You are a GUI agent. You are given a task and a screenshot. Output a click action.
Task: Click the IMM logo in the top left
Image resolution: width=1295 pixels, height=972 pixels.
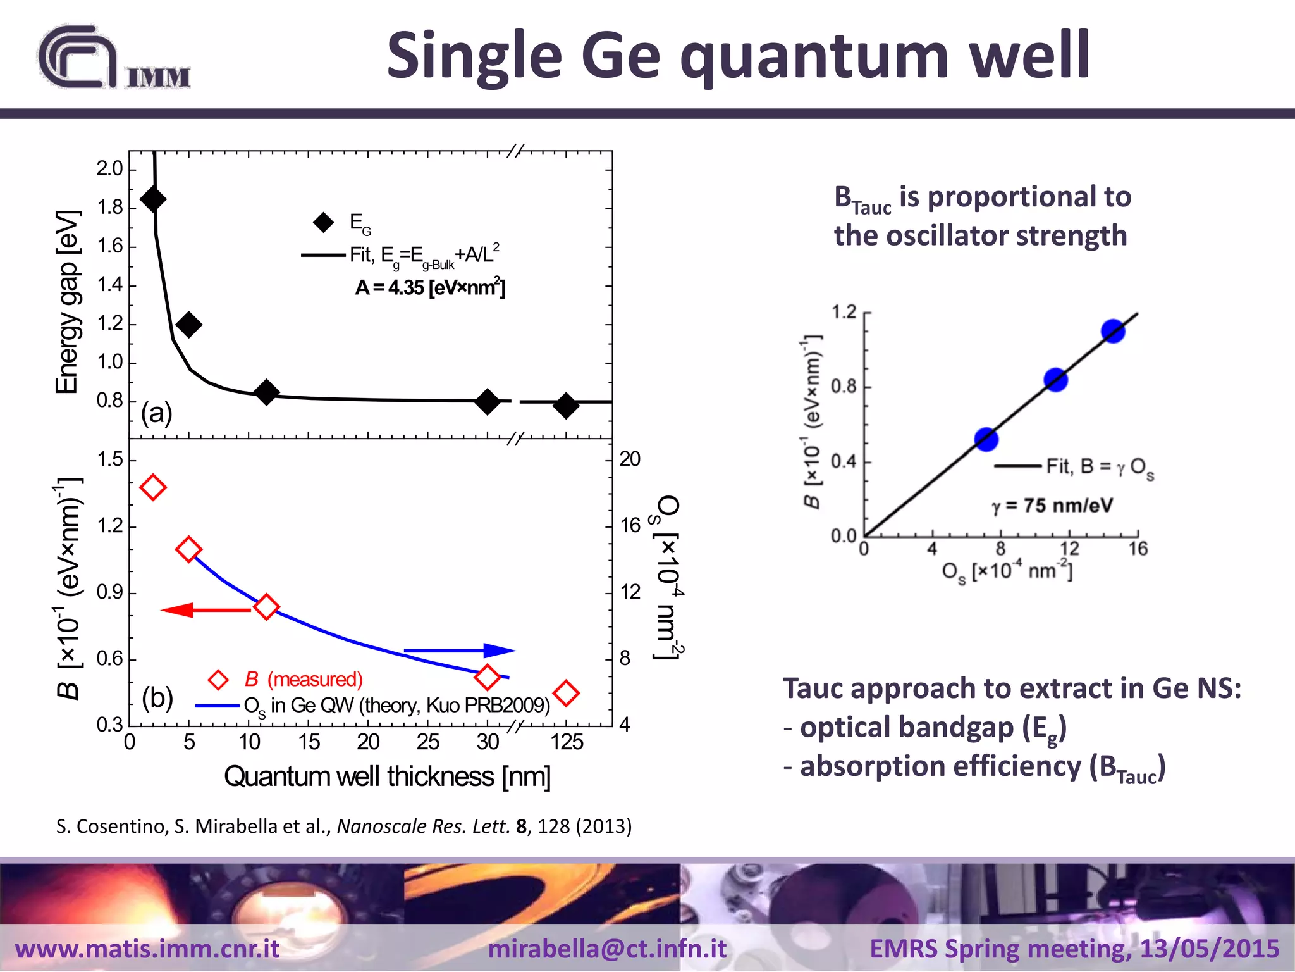114,58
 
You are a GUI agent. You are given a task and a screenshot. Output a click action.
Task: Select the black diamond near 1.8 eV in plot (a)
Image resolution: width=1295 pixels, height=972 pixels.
153,199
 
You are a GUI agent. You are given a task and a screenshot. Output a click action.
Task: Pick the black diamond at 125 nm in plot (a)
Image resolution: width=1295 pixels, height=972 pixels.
566,405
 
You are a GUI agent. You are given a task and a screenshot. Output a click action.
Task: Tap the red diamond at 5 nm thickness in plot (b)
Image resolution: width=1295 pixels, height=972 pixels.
188,549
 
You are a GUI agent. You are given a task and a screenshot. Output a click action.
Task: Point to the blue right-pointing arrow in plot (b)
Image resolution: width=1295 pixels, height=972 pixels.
460,650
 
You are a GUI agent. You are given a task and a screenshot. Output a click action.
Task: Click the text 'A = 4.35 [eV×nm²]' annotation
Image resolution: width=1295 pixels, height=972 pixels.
430,288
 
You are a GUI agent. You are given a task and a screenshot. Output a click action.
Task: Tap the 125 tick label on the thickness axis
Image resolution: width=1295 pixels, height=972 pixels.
567,742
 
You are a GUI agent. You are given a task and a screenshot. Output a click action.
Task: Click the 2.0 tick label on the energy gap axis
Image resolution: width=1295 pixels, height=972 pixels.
109,168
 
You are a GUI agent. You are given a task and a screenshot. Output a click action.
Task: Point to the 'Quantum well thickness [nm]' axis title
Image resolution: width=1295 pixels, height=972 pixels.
387,776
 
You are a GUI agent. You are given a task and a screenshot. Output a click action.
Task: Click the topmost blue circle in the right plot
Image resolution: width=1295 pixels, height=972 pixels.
1113,331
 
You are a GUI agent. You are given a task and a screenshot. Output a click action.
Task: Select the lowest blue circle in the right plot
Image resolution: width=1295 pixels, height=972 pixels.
986,439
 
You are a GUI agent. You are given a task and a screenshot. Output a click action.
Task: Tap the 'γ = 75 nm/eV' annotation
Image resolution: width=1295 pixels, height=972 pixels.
1052,506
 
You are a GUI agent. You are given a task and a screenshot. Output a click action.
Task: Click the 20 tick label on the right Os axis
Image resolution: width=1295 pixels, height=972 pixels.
630,459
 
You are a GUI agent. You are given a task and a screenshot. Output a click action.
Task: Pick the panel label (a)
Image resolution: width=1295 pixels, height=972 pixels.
156,413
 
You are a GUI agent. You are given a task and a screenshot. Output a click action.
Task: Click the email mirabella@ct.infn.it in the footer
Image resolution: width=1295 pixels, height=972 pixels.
607,949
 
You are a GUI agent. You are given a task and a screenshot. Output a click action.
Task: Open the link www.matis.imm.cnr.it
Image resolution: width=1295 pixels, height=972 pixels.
147,949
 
